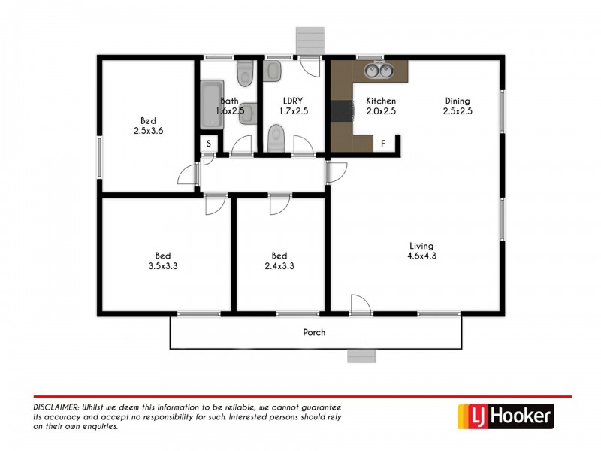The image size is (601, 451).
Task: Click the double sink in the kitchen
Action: point(379,71)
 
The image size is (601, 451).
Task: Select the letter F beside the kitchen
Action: point(383,143)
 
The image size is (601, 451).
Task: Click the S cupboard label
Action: point(208,144)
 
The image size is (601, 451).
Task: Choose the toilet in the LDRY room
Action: point(275,138)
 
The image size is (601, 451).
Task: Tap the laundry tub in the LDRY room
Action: point(273,72)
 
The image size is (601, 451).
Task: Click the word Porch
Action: point(314,332)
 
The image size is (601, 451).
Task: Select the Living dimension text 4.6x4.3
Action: point(422,256)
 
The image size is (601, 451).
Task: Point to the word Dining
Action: point(457,101)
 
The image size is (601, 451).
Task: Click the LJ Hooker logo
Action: point(506,415)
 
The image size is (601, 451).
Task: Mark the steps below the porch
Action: point(361,356)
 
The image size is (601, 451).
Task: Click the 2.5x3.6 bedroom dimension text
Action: point(149,130)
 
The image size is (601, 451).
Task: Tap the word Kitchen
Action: point(381,101)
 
